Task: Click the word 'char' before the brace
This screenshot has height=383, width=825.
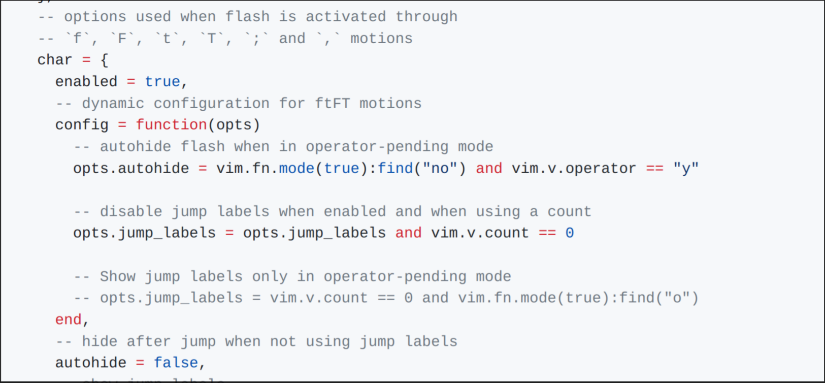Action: click(x=54, y=60)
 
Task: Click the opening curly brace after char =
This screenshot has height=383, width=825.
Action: click(x=104, y=60)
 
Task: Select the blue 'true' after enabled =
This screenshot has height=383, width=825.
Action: click(x=162, y=82)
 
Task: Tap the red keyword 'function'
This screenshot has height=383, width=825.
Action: click(x=171, y=125)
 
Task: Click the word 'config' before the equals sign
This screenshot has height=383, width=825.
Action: click(x=82, y=125)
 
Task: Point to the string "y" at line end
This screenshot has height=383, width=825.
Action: click(x=686, y=169)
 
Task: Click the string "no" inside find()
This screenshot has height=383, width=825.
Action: click(x=440, y=169)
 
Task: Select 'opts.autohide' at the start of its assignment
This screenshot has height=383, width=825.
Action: click(x=131, y=169)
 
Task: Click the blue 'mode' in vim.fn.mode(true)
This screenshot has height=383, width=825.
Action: click(x=296, y=169)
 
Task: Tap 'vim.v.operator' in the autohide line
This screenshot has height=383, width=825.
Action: click(x=574, y=169)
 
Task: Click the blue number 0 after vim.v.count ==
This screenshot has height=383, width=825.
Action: click(x=570, y=233)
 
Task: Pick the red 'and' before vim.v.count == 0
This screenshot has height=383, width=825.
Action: click(x=409, y=233)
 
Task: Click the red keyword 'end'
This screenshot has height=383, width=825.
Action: click(x=69, y=320)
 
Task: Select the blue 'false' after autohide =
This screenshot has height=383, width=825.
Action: click(x=176, y=363)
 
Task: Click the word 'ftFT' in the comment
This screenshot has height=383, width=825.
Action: click(x=333, y=104)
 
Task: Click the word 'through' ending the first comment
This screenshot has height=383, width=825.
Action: click(x=426, y=17)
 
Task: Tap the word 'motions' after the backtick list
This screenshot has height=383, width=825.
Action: click(x=381, y=39)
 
